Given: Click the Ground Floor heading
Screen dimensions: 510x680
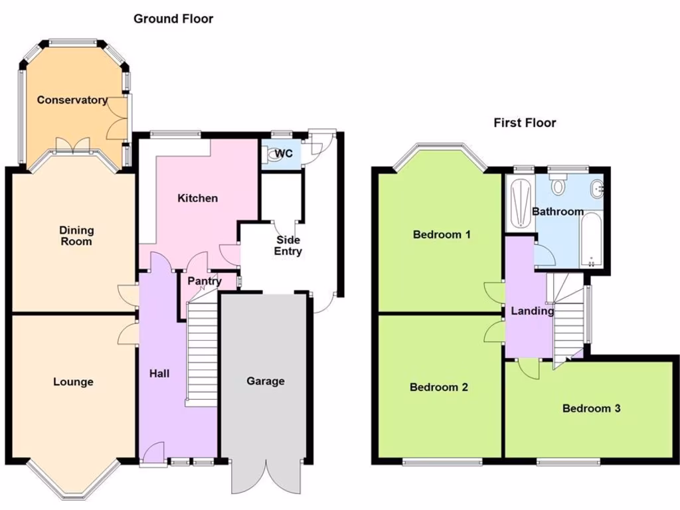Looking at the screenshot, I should click(x=173, y=19).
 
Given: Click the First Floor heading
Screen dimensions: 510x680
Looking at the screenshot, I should click(x=525, y=123).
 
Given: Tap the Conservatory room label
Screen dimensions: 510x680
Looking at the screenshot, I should click(x=72, y=100).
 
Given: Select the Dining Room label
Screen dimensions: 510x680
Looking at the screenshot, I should click(x=76, y=236).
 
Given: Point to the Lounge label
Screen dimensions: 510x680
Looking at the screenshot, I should click(x=73, y=382).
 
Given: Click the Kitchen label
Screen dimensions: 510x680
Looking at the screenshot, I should click(x=197, y=198).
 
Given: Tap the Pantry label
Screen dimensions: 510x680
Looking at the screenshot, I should click(x=204, y=282).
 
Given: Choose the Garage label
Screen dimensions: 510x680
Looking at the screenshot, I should click(x=266, y=381).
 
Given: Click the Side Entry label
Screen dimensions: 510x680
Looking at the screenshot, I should click(x=288, y=246).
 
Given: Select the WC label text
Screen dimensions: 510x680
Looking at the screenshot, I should click(x=284, y=154).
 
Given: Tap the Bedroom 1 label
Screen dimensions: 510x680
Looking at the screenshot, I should click(x=442, y=234).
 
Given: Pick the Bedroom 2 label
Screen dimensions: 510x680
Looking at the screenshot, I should click(x=439, y=387).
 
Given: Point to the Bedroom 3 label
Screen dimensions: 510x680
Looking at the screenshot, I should click(x=591, y=408).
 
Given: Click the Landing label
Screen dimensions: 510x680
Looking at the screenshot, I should click(x=532, y=311).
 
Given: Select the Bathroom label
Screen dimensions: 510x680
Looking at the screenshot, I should click(x=558, y=212).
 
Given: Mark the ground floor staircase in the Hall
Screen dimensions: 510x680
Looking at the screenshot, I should click(x=203, y=352).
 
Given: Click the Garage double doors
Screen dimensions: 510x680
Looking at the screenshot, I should click(x=265, y=477).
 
